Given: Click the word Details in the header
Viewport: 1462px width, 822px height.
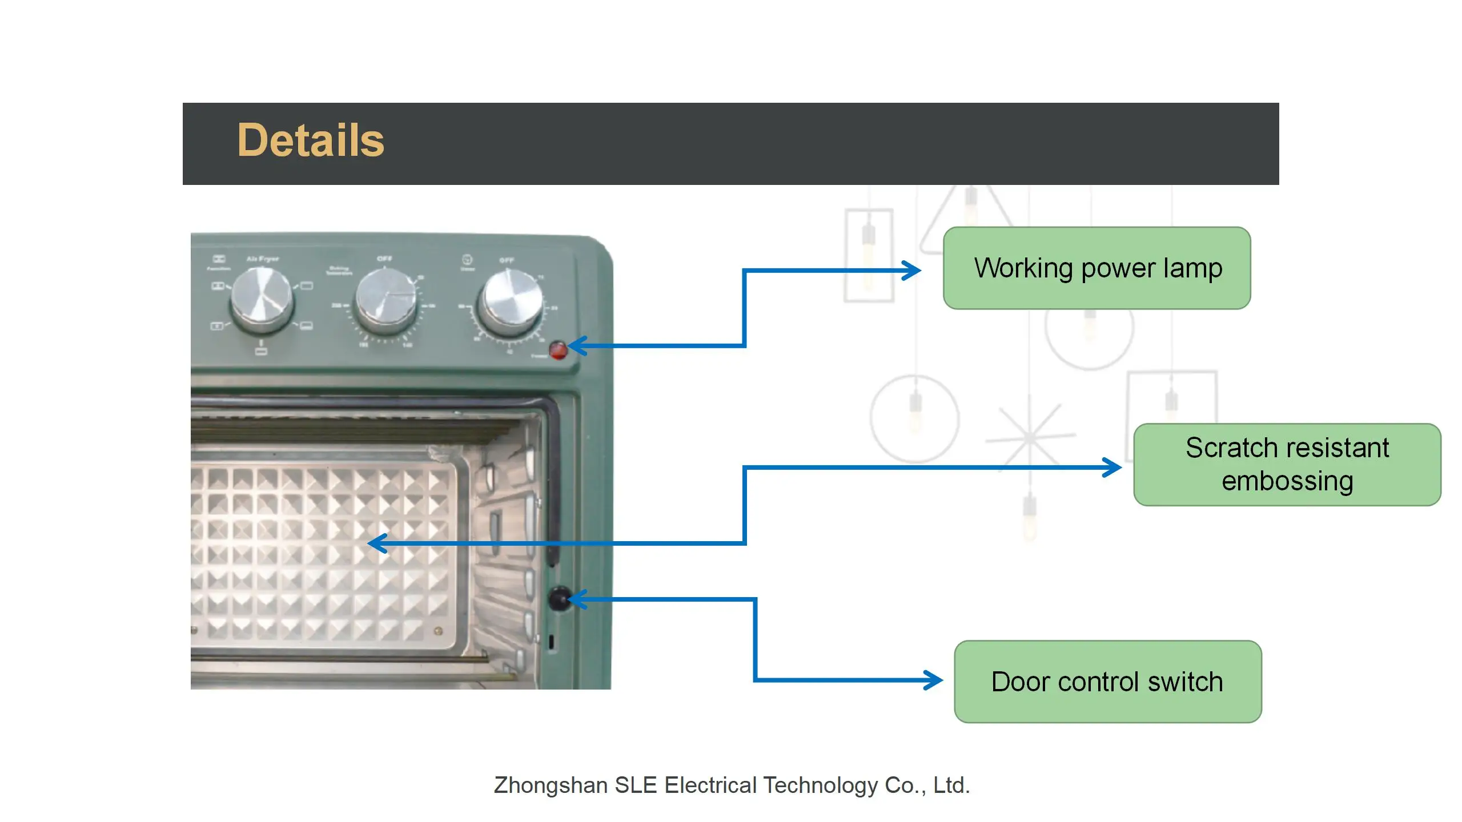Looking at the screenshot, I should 311,140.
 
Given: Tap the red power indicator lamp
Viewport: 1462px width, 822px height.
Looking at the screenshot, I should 558,349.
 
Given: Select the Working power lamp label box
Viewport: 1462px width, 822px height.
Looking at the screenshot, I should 1096,268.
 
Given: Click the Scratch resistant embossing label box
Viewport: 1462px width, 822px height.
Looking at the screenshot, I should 1287,465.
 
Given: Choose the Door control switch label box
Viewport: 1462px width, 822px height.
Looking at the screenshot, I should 1107,682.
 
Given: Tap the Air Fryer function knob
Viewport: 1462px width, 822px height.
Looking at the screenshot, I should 262,300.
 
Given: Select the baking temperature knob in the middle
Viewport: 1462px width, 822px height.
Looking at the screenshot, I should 386,301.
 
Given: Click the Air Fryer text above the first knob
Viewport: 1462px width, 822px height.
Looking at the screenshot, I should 263,259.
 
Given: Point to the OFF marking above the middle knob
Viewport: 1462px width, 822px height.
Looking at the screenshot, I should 384,259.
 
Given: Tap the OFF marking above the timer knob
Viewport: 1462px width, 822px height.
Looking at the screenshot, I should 507,260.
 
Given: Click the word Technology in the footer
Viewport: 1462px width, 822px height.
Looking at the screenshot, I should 820,785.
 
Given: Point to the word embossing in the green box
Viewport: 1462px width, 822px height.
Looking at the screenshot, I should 1287,481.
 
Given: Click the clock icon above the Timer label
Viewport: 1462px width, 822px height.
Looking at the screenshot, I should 467,260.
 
